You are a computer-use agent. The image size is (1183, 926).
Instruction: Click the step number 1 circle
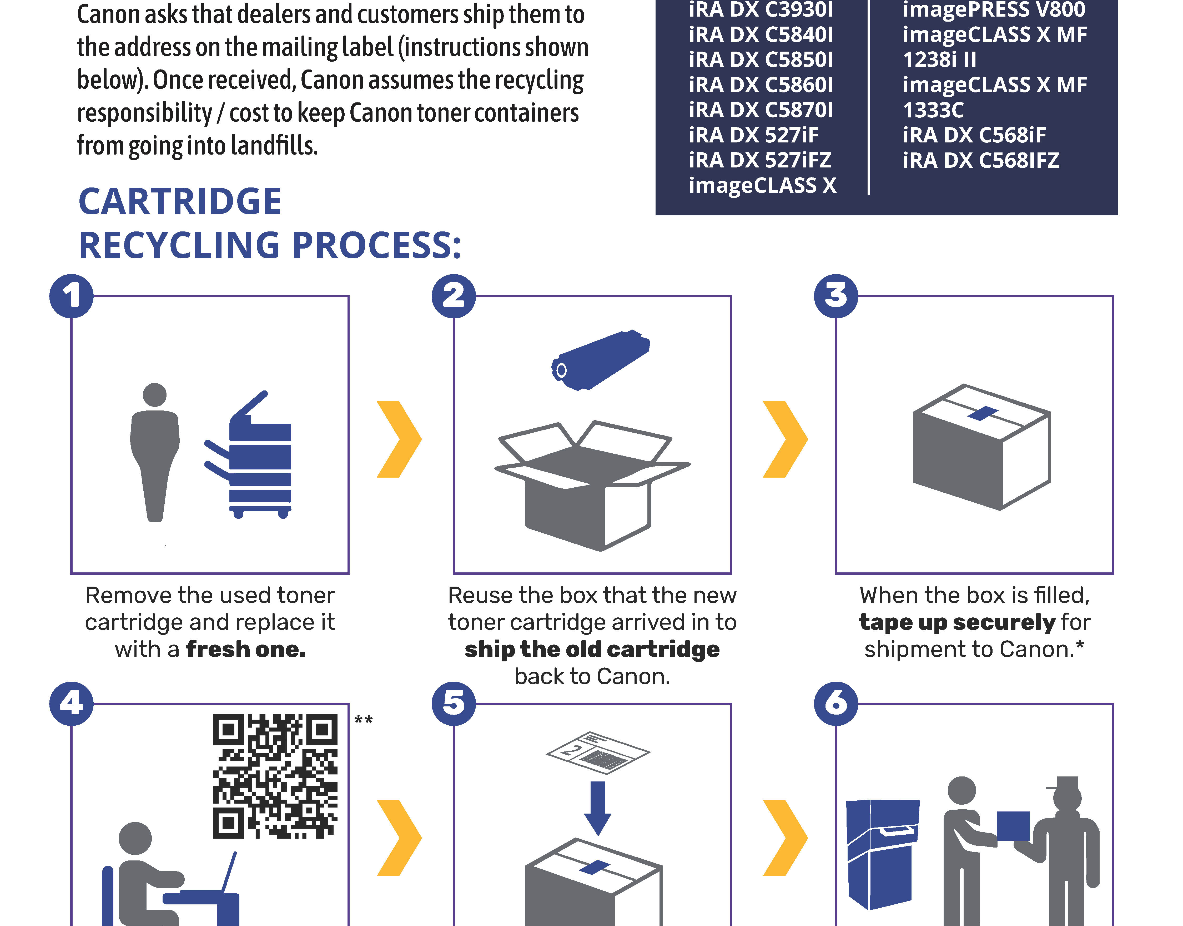(x=71, y=296)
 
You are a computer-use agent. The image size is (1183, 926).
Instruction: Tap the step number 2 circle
(x=453, y=296)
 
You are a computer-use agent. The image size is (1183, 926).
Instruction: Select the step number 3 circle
(x=836, y=296)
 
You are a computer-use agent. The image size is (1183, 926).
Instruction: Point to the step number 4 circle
(x=71, y=703)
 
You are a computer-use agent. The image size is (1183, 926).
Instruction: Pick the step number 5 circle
(x=453, y=703)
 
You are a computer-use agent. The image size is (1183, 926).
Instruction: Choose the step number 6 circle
(x=836, y=703)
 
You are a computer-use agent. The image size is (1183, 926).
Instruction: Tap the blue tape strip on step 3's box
(x=982, y=413)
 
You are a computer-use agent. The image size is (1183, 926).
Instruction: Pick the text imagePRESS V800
(x=993, y=10)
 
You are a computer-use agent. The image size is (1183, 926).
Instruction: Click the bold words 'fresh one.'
(x=246, y=649)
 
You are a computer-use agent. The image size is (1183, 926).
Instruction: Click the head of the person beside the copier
(x=155, y=395)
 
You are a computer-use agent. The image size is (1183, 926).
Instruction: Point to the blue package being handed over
(x=1013, y=826)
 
